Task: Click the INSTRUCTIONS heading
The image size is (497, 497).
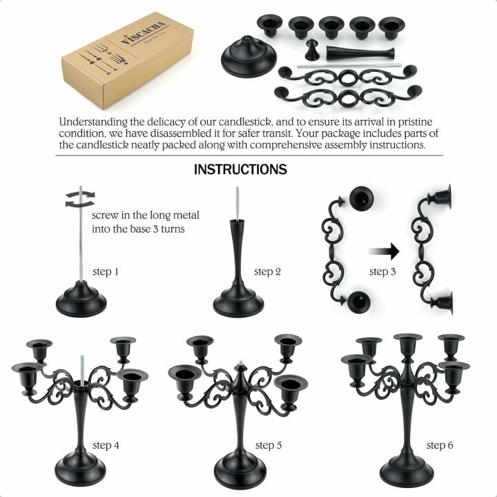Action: click(240, 169)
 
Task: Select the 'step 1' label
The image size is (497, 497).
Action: click(106, 272)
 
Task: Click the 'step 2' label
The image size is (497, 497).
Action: click(267, 272)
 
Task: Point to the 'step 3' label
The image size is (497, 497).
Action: click(382, 272)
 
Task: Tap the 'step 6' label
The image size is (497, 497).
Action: click(440, 445)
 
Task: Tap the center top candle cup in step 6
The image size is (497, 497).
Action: click(408, 343)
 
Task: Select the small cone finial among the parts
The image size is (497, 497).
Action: click(312, 50)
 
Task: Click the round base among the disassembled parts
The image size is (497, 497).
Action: click(249, 58)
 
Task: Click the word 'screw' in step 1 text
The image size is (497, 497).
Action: click(106, 215)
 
